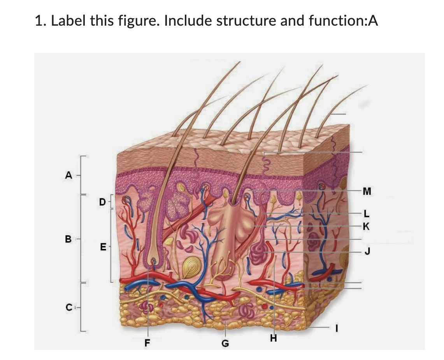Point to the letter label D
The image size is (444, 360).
pos(102,201)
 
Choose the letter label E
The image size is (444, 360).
pos(102,246)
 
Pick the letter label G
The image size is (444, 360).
pos(225,344)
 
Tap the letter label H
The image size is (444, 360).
pos(274,339)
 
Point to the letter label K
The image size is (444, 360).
pos(365,225)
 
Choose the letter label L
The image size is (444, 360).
pos(365,213)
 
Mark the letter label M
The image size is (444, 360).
pos(366,191)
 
